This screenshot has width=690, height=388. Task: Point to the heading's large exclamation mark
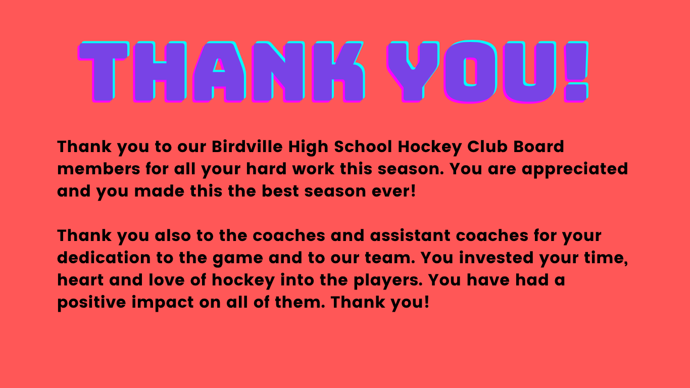tap(575, 71)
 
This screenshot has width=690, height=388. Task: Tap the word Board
tap(538, 147)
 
